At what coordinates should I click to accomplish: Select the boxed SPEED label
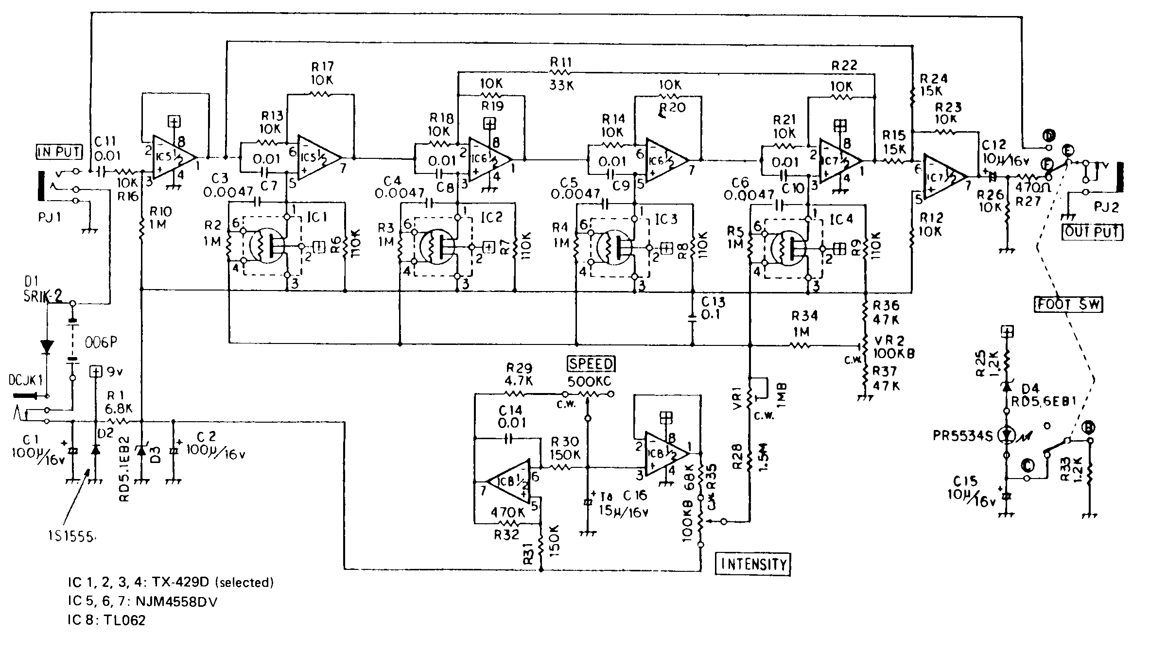pos(591,364)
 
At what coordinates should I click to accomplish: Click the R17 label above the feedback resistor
pos(322,66)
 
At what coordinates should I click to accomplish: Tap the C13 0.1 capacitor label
pos(713,308)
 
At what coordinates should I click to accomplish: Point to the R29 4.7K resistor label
pos(519,375)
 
